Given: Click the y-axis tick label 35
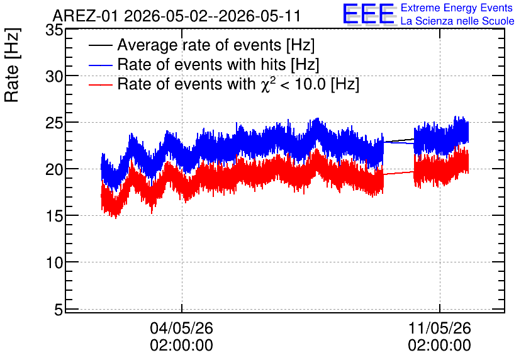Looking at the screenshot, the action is click(x=54, y=30).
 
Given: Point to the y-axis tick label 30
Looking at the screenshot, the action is click(x=54, y=77).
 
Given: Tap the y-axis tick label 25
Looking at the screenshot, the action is click(x=54, y=123).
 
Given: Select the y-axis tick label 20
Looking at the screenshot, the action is click(x=54, y=170).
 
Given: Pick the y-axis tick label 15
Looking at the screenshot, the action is click(x=54, y=217).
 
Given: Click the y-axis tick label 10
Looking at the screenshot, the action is click(x=54, y=262).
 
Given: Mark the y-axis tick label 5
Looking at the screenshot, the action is click(x=59, y=310).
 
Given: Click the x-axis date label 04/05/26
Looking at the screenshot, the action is click(x=181, y=328).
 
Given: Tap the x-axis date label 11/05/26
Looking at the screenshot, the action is click(x=439, y=328).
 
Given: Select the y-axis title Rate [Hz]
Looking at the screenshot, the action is click(x=13, y=65).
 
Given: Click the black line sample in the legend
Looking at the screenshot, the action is click(x=101, y=45).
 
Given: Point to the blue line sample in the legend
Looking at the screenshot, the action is click(x=101, y=65).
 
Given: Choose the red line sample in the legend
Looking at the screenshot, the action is click(x=101, y=84).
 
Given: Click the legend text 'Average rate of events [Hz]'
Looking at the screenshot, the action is click(x=216, y=45).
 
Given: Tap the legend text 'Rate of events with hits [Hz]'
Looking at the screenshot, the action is click(x=218, y=64).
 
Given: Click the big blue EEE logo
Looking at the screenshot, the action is click(x=369, y=14).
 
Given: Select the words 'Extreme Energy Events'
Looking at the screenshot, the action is click(x=457, y=8).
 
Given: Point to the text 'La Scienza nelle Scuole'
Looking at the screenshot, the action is click(x=457, y=21).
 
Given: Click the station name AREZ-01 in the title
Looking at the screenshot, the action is click(x=85, y=16).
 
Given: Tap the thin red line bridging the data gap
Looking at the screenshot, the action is click(x=399, y=173).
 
